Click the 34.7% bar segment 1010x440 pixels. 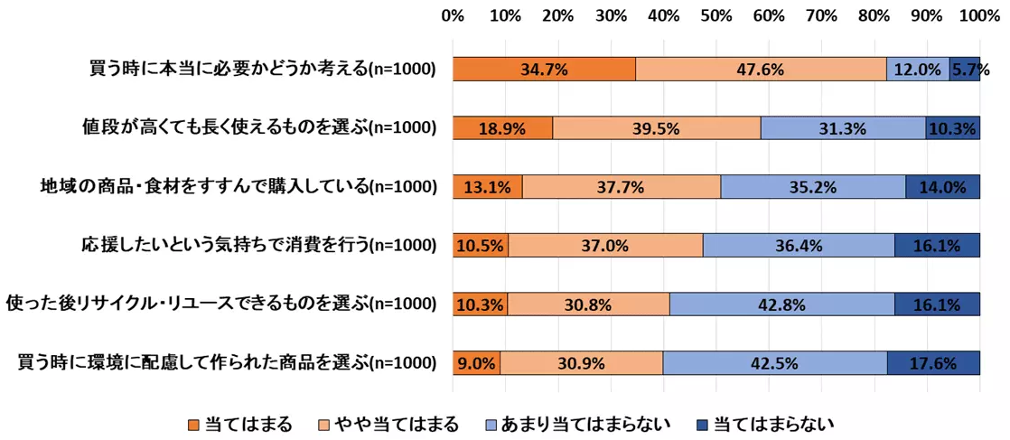click(x=544, y=70)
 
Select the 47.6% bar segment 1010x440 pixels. click(x=761, y=70)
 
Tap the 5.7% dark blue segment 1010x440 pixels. click(x=965, y=70)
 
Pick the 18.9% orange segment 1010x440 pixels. click(x=502, y=128)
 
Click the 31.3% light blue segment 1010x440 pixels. click(x=843, y=128)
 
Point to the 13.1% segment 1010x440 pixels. click(x=487, y=187)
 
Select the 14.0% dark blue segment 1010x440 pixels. click(x=943, y=187)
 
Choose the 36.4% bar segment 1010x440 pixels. click(x=799, y=246)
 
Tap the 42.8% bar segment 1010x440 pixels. click(x=782, y=304)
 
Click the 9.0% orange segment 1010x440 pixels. click(x=476, y=363)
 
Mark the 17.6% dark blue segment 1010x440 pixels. click(x=934, y=363)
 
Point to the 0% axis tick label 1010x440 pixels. click(x=453, y=15)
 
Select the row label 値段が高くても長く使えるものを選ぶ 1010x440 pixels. click(x=260, y=128)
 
